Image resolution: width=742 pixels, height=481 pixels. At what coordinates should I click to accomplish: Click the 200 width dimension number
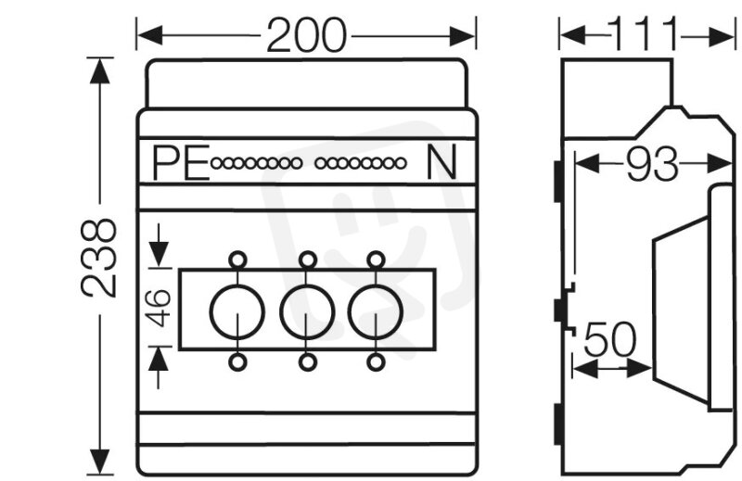pyautogui.click(x=306, y=36)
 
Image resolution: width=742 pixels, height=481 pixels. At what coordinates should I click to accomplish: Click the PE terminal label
pyautogui.click(x=180, y=164)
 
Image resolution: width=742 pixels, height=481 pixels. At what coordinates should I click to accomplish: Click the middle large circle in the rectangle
pyautogui.click(x=306, y=310)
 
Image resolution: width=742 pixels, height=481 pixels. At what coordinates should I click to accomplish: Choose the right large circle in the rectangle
pyautogui.click(x=375, y=310)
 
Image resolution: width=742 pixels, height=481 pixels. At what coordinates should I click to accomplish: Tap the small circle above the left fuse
pyautogui.click(x=238, y=259)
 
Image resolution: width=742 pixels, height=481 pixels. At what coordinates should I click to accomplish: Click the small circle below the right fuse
pyautogui.click(x=375, y=361)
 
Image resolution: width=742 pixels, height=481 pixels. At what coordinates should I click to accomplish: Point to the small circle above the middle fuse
pyautogui.click(x=307, y=259)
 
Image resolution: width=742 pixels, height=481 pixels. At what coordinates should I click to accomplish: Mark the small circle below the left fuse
pyautogui.click(x=238, y=361)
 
